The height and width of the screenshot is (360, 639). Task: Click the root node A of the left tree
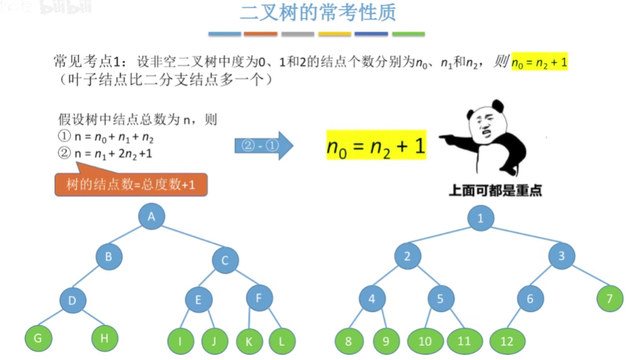tap(152, 216)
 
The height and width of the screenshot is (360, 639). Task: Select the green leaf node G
tap(38, 338)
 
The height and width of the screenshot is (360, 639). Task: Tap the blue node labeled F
tap(260, 297)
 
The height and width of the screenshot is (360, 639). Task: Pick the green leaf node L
tap(282, 341)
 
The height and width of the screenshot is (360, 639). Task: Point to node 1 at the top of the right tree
tap(481, 218)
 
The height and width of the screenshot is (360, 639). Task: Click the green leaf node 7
tap(610, 299)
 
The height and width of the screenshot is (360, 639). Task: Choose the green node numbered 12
tap(507, 341)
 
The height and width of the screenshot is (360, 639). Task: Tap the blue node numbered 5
tap(441, 299)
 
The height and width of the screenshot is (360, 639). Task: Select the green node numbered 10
tap(425, 341)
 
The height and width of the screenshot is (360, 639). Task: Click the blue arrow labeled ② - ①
tap(264, 146)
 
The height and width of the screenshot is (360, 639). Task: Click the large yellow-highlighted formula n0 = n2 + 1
tap(376, 146)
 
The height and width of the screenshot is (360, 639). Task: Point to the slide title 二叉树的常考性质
tap(318, 13)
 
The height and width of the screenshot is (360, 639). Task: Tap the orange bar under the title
tap(260, 33)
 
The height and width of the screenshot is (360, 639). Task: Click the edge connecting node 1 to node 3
tap(521, 237)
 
